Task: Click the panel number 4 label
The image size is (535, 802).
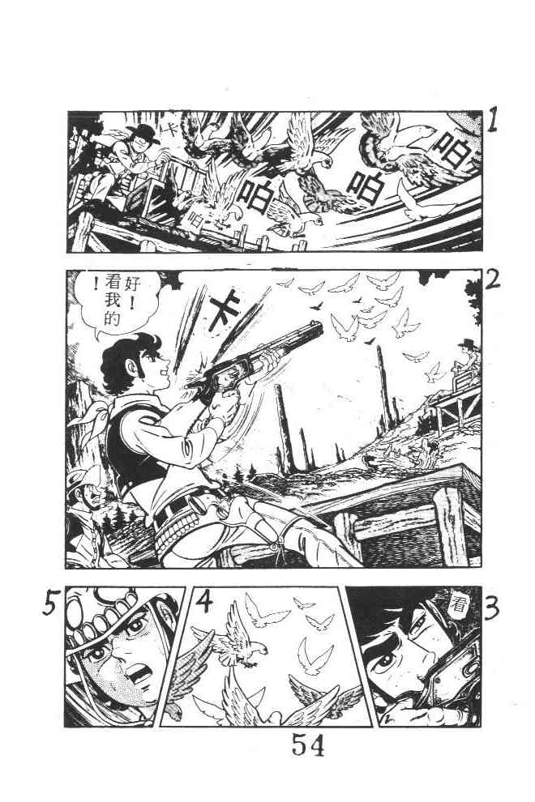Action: pyautogui.click(x=204, y=602)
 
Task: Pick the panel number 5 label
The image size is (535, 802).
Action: pyautogui.click(x=50, y=603)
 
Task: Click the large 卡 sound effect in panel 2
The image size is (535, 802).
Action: pyautogui.click(x=226, y=309)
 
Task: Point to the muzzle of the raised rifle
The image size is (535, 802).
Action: pyautogui.click(x=319, y=330)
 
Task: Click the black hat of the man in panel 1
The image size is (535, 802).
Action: pyautogui.click(x=143, y=134)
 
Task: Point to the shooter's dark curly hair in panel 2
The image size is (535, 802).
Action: pyautogui.click(x=129, y=357)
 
